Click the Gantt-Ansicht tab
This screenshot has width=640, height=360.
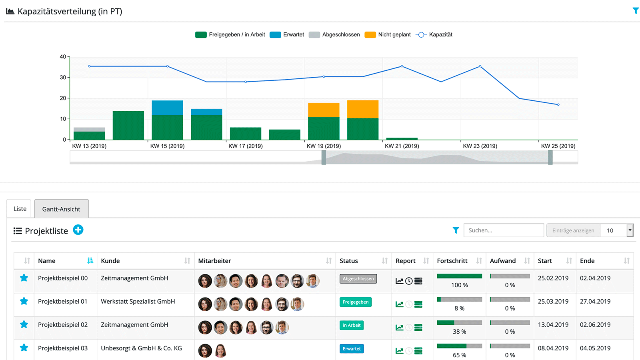61,209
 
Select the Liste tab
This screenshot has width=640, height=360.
20,209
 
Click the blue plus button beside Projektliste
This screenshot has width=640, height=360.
78,230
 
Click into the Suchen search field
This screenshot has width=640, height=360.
504,230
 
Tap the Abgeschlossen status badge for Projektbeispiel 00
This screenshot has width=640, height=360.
358,279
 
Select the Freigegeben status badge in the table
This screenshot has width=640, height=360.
356,302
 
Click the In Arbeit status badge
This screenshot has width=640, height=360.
352,325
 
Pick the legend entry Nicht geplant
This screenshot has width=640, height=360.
388,35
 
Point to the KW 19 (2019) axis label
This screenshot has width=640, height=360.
324,146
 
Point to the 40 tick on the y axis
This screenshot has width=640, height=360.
63,57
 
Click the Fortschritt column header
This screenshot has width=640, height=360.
452,261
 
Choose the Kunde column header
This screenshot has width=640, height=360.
110,261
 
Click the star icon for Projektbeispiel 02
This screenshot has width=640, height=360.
24,324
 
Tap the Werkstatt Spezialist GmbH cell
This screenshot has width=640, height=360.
138,302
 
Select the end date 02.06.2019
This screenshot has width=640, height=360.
595,325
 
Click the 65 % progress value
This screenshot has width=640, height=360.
459,355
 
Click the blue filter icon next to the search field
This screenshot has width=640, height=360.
456,230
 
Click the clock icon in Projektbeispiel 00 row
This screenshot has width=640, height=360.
409,281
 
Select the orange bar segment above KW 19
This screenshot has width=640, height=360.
324,110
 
